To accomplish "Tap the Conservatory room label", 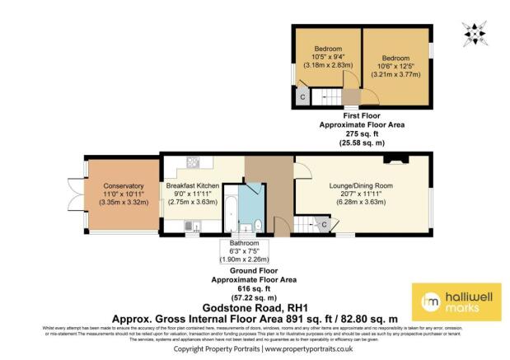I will pos(119,186).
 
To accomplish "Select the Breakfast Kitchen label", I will pos(192,186).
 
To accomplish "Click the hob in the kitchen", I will pos(191,224).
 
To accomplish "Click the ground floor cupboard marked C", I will pos(324,224).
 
